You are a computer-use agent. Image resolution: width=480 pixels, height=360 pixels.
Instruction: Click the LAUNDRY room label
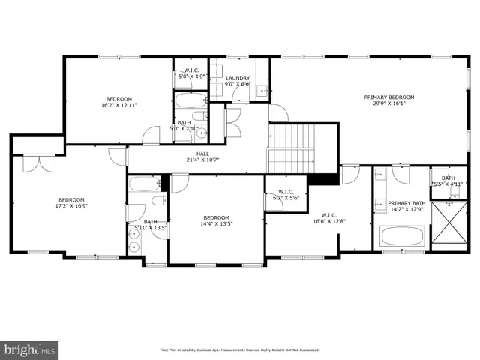pyautogui.click(x=238, y=77)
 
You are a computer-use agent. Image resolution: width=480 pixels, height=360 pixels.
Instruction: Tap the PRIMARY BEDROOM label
pyautogui.click(x=388, y=97)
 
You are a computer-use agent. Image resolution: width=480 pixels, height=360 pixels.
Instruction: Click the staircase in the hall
pyautogui.click(x=293, y=148)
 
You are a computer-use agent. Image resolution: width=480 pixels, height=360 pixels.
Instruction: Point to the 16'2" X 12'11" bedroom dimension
pyautogui.click(x=118, y=106)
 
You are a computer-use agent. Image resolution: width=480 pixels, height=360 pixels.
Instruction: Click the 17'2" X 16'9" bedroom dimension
pyautogui.click(x=71, y=206)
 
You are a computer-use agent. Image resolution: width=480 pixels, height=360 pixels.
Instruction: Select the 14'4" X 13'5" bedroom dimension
pyautogui.click(x=215, y=224)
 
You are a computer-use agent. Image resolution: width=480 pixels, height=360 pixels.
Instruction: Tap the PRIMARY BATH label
pyautogui.click(x=406, y=203)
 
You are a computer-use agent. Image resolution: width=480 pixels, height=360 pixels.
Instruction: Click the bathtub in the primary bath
pyautogui.click(x=403, y=236)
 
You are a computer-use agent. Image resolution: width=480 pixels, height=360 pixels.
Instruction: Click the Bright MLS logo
pyautogui.click(x=29, y=349)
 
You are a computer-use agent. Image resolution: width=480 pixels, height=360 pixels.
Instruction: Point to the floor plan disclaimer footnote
pyautogui.click(x=239, y=349)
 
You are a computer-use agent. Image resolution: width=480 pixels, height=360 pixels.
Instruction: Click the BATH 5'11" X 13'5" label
pyautogui.click(x=150, y=225)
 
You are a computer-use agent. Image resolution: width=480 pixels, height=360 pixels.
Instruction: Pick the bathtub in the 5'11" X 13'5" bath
pyautogui.click(x=145, y=184)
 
